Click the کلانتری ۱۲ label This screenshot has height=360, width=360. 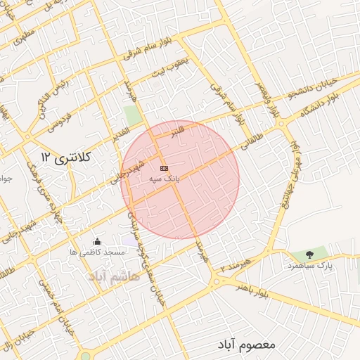point(67,157)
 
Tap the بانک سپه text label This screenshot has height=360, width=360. point(165,180)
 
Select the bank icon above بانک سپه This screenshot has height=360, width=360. point(164,169)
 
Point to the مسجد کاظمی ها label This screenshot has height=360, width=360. point(97,252)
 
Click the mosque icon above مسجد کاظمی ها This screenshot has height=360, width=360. point(97,242)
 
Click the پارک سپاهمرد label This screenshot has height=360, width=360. point(307,266)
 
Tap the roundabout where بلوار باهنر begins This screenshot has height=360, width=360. point(214,283)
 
